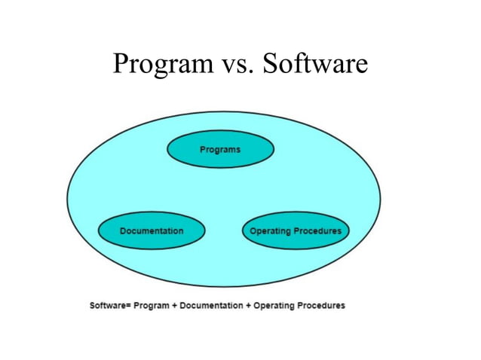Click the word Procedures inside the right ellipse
tap(318, 231)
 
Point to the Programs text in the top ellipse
tap(220, 150)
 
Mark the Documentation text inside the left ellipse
tap(151, 231)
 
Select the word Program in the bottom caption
tap(152, 305)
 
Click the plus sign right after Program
tap(174, 305)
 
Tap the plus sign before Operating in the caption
tap(248, 305)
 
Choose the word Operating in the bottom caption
tap(274, 305)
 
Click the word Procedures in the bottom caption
tap(321, 305)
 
